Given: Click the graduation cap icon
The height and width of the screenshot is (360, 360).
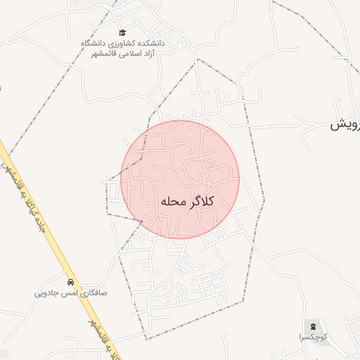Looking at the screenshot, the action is pos(122,33).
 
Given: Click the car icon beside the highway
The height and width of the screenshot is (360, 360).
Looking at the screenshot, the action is pos(70,282).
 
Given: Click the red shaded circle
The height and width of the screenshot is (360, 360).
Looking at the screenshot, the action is pos(180,162).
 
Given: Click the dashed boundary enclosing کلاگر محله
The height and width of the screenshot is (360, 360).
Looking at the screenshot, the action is pos(264,200).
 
